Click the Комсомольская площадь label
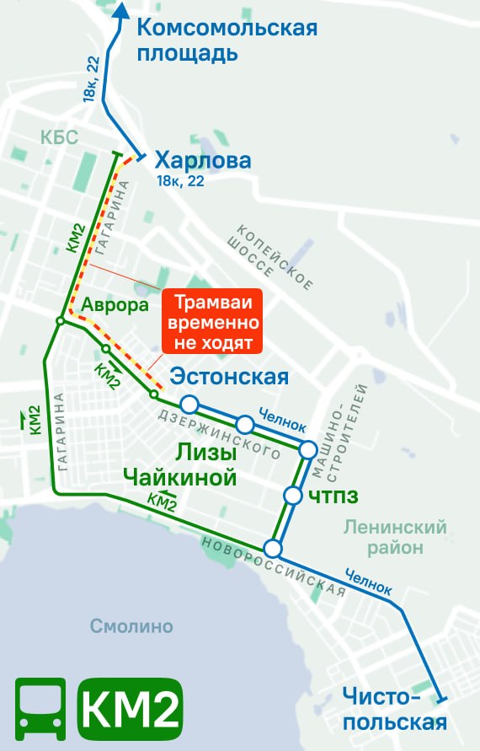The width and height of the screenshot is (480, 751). click(227, 40)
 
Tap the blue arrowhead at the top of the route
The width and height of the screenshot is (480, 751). click(120, 9)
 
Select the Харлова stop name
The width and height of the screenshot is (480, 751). click(203, 161)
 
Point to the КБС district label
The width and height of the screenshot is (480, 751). click(58, 137)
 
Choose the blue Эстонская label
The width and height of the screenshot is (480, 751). click(229, 377)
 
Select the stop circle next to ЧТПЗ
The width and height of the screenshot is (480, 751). click(293, 495)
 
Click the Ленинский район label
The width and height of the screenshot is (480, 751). click(394, 538)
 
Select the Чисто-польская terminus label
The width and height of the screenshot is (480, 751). click(394, 709)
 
